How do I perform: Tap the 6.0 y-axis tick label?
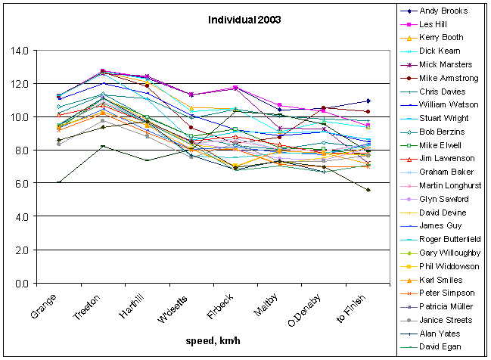pyautogui.click(x=42, y=184)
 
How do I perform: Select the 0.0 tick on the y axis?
pyautogui.click(x=42, y=284)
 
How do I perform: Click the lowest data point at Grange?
pyautogui.click(x=58, y=183)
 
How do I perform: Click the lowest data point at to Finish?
pyautogui.click(x=368, y=190)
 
